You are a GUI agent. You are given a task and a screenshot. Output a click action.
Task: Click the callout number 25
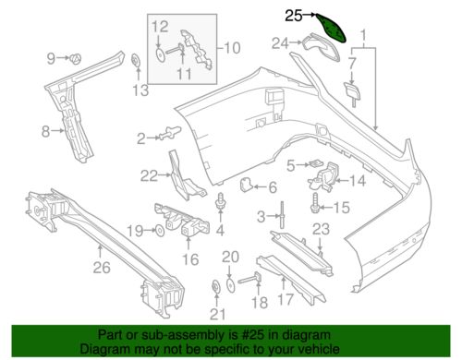(293, 15)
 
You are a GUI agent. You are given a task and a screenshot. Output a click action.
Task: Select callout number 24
(280, 42)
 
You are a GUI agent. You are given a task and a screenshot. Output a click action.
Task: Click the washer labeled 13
(135, 63)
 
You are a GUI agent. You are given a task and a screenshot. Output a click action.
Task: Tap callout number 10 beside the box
(232, 46)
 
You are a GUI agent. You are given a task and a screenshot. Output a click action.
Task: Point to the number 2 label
(141, 138)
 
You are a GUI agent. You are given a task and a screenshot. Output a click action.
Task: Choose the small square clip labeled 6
(248, 185)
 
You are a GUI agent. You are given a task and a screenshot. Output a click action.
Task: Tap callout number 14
(358, 181)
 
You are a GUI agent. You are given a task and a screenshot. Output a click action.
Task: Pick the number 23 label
(320, 229)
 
